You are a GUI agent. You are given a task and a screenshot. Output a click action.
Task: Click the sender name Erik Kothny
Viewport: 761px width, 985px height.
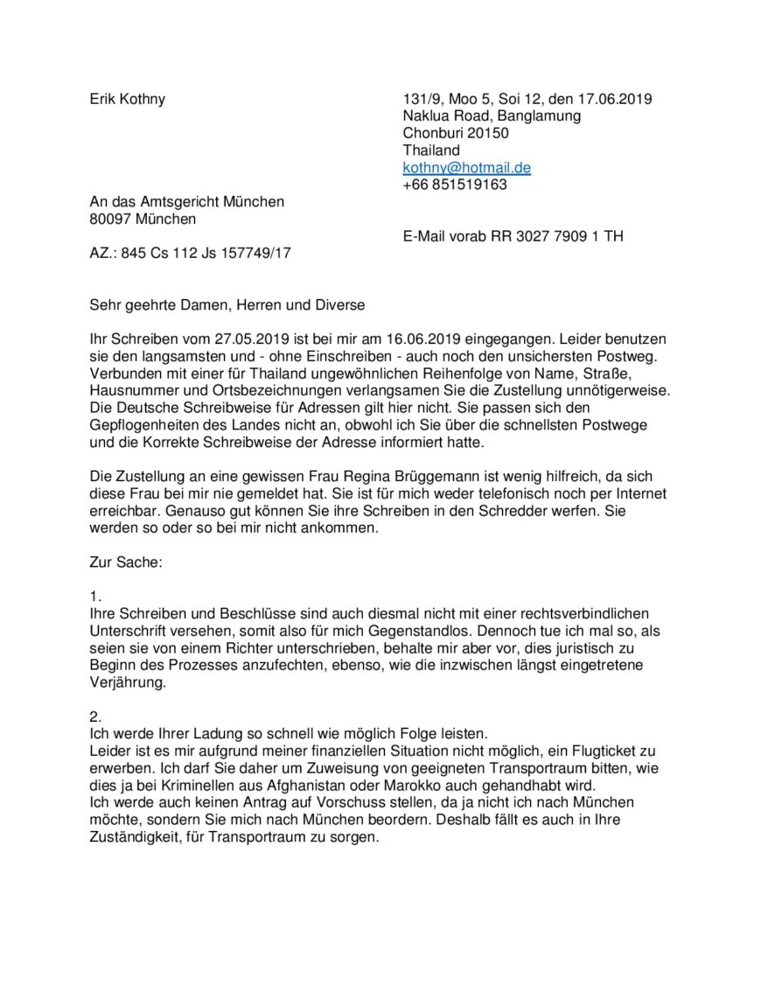pyautogui.click(x=128, y=99)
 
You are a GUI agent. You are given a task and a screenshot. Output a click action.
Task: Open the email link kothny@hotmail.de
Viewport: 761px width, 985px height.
pyautogui.click(x=466, y=167)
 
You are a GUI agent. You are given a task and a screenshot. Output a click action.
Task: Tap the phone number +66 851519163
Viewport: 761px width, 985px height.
pyautogui.click(x=455, y=185)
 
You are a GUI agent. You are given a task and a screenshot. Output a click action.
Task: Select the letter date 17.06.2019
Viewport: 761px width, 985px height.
pyautogui.click(x=621, y=99)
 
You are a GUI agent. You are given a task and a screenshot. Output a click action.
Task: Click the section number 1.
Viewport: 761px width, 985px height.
pyautogui.click(x=96, y=596)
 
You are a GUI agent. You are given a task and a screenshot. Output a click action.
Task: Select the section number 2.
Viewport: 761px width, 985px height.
pyautogui.click(x=96, y=716)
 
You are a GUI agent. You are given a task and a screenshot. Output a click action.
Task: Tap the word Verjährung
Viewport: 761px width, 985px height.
pyautogui.click(x=128, y=681)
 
